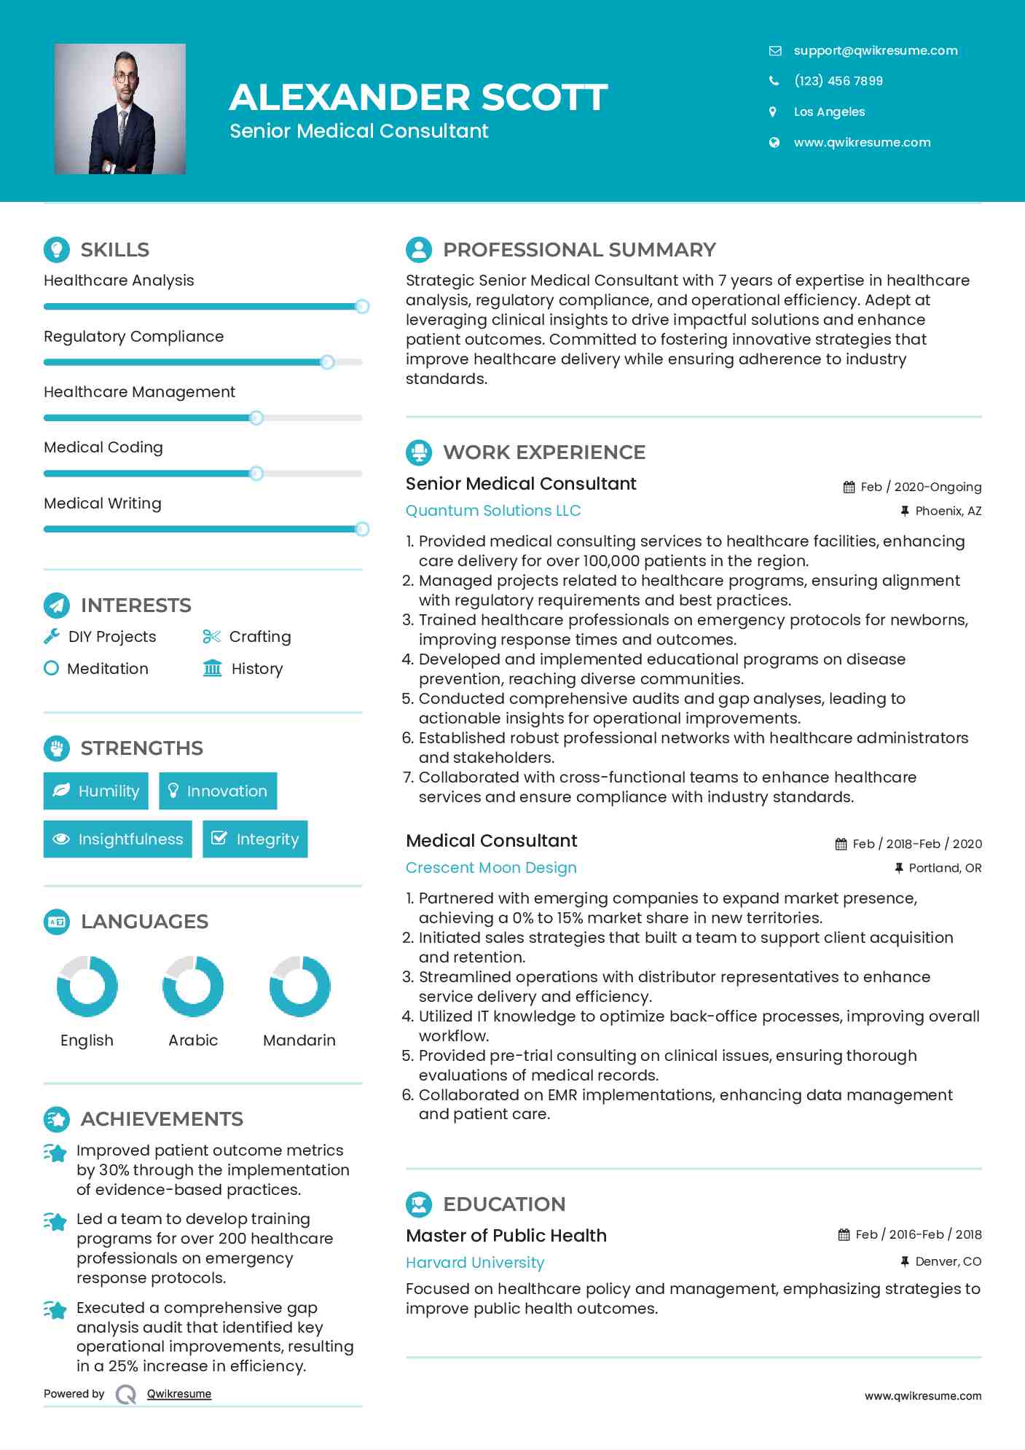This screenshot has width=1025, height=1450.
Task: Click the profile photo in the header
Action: pyautogui.click(x=120, y=109)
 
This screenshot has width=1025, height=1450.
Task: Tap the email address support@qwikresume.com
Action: pyautogui.click(x=875, y=50)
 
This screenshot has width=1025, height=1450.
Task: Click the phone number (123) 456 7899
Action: pyautogui.click(x=838, y=81)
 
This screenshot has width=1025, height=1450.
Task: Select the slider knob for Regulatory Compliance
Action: pyautogui.click(x=327, y=362)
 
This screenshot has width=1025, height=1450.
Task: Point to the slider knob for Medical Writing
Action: pyautogui.click(x=361, y=529)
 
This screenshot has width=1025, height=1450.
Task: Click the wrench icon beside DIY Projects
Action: pyautogui.click(x=52, y=636)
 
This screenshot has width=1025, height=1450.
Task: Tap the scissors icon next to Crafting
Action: pyautogui.click(x=211, y=636)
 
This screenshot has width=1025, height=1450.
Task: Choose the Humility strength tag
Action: pyautogui.click(x=95, y=791)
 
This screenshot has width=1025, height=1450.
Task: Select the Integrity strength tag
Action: pyautogui.click(x=255, y=839)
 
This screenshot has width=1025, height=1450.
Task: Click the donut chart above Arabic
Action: pyautogui.click(x=193, y=986)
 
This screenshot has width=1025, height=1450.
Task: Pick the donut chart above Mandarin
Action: pyautogui.click(x=299, y=986)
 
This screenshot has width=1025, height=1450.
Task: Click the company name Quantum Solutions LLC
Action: pyautogui.click(x=492, y=511)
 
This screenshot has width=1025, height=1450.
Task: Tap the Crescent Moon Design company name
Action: pyautogui.click(x=491, y=868)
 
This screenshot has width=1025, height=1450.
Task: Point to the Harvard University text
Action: pyautogui.click(x=475, y=1263)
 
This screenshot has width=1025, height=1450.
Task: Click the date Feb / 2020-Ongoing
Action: pyautogui.click(x=920, y=487)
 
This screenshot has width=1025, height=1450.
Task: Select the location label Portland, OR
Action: pyautogui.click(x=944, y=868)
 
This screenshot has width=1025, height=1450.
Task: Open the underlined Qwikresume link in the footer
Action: pyautogui.click(x=179, y=1394)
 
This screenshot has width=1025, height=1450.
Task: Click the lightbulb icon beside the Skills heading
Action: pyautogui.click(x=57, y=249)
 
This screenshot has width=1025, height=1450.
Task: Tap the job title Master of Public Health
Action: pyautogui.click(x=506, y=1236)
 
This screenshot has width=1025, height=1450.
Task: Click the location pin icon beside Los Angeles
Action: pyautogui.click(x=773, y=111)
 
